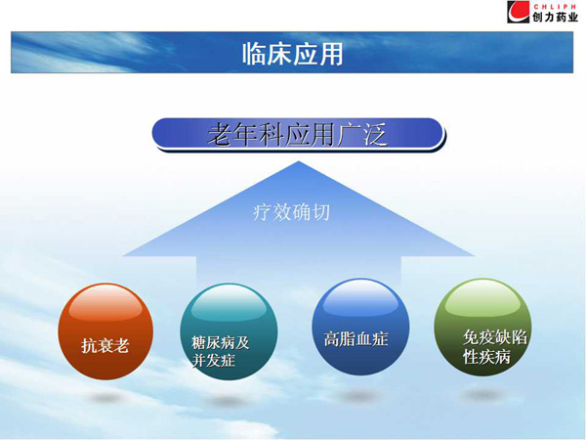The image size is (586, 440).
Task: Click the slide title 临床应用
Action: pos(293,54)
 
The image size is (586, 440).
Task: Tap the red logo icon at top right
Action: pos(518,12)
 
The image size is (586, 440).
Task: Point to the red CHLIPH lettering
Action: pos(555,7)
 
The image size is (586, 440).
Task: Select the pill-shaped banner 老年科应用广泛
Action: pos(298,134)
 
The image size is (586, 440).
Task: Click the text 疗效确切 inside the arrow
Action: pos(291,212)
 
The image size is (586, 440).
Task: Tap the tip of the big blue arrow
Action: pos(298,161)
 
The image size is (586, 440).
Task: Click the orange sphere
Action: pos(105,331)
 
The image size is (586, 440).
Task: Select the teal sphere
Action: pos(229,331)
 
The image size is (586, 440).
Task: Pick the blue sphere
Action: pos(360,327)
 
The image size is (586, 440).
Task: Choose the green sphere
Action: pos(482,327)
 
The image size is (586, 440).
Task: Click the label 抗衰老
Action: pos(105,345)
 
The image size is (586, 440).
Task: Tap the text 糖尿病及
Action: pos(220,343)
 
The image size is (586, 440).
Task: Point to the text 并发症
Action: pos(213,360)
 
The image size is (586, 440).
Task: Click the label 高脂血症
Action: pos(356,339)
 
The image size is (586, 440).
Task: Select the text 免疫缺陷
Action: pos(495,337)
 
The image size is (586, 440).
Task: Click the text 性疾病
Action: pos(486,356)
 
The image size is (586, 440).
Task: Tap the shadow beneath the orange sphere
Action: pos(106,398)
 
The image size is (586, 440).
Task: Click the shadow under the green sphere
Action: pos(482,394)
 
